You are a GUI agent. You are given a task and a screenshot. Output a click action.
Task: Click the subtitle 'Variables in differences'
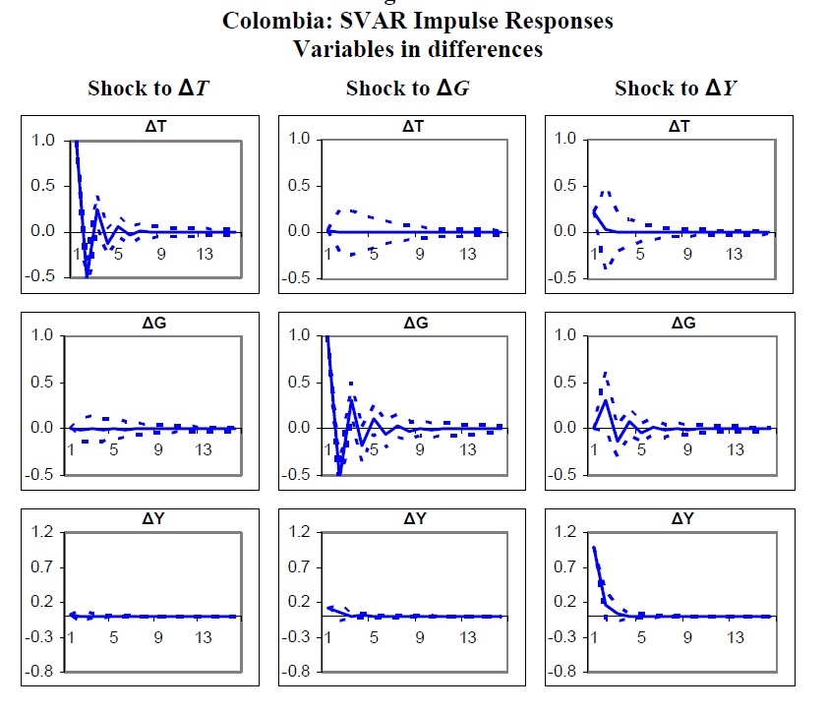coord(418,48)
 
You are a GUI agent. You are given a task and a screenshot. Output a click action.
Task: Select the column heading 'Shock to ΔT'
coord(151,89)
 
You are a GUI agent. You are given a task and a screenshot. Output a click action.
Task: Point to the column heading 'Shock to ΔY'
coord(678,89)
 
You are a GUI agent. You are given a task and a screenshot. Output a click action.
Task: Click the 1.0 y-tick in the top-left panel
coord(43,141)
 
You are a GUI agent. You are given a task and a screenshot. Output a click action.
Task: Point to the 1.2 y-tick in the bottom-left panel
coord(43,533)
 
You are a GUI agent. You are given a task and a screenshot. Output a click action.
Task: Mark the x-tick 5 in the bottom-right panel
coord(640,637)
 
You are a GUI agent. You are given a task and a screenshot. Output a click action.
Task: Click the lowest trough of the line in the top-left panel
coord(88,276)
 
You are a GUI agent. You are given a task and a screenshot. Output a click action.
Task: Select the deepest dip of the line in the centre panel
coord(340,474)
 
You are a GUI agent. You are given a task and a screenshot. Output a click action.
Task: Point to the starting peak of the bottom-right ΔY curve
coord(594,547)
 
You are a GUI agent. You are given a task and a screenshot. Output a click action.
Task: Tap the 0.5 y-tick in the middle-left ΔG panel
coord(43,382)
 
